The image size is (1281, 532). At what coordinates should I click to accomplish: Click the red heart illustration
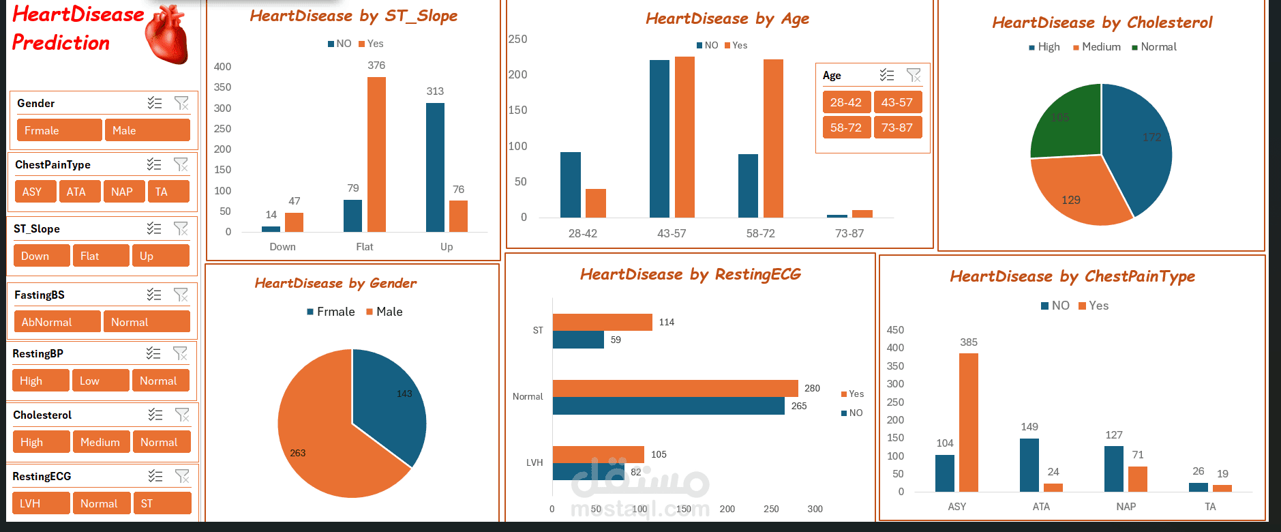coord(167,35)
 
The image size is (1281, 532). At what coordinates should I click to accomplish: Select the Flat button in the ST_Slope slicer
coord(100,256)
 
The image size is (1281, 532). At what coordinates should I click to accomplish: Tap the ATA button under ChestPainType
coord(79,192)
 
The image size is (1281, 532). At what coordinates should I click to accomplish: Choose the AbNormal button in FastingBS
coord(57,322)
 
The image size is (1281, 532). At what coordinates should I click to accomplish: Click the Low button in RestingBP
coord(100,381)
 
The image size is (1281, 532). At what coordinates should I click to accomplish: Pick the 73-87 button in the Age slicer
coord(897,128)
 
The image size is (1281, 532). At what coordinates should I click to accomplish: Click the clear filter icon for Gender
coord(181,103)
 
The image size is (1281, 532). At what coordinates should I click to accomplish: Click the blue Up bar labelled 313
coord(435,167)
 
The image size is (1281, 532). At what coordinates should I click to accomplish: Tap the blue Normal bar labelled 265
coord(668,406)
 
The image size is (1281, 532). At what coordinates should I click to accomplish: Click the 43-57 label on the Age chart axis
coord(672,233)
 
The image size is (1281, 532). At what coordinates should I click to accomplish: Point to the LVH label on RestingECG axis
coord(534,462)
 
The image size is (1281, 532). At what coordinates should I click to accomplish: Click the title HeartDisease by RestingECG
coord(690,274)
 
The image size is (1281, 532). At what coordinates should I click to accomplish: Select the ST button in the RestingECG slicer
coord(161,503)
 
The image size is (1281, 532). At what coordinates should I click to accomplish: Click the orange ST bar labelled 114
coord(602,322)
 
